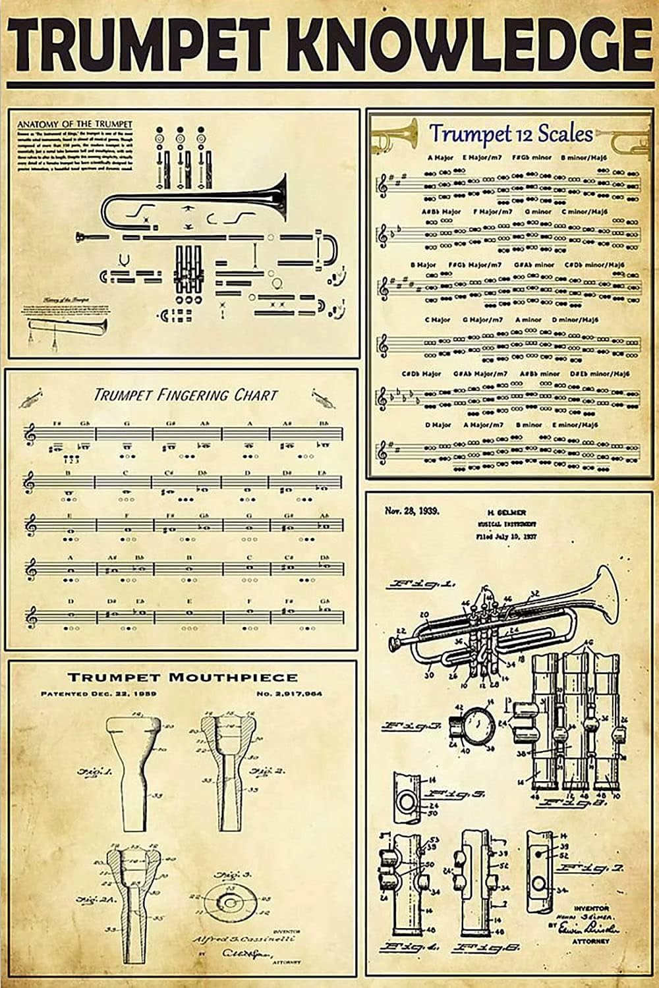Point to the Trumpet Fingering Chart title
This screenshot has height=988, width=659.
(x=185, y=395)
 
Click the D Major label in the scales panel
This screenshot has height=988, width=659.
(x=438, y=425)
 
